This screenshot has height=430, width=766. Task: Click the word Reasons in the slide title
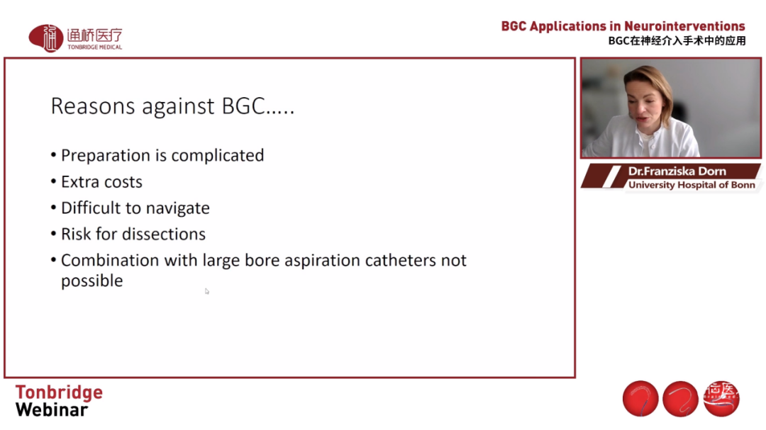click(93, 106)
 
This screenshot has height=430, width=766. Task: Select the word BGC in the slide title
click(243, 106)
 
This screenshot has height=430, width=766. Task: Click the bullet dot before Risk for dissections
click(53, 234)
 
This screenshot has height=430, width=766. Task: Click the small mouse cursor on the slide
click(207, 291)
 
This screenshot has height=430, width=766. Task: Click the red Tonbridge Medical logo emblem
click(46, 38)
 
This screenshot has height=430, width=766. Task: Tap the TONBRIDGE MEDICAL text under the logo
click(95, 47)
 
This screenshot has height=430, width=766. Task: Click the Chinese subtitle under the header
click(677, 41)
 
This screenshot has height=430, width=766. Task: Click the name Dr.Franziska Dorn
click(677, 171)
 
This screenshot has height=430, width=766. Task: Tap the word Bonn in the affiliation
click(743, 185)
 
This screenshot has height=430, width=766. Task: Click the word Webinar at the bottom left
click(52, 410)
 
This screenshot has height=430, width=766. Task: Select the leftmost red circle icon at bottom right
click(640, 399)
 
